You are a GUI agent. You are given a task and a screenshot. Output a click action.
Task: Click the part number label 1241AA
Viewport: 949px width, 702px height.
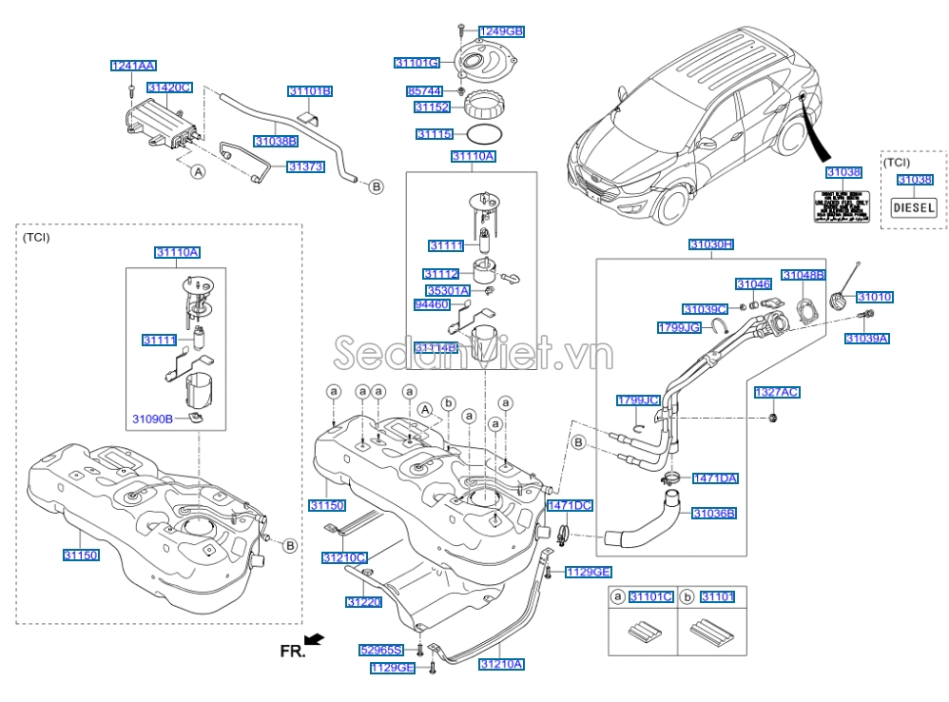click(133, 66)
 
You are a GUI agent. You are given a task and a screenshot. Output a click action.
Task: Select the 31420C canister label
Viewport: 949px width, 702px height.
click(168, 88)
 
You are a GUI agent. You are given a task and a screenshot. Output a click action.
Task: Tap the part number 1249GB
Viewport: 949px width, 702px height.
click(500, 31)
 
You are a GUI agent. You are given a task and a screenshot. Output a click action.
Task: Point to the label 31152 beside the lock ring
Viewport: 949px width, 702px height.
click(428, 108)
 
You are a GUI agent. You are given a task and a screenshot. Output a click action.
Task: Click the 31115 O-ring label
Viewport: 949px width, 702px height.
click(434, 135)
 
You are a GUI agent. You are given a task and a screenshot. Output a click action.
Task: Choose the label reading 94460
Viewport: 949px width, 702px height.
click(432, 305)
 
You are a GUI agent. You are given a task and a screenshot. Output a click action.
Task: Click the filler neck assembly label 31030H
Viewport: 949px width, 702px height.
click(711, 244)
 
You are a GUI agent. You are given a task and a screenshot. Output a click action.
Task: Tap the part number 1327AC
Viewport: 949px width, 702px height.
click(776, 392)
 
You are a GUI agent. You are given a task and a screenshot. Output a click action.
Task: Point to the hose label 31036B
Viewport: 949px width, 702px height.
click(713, 514)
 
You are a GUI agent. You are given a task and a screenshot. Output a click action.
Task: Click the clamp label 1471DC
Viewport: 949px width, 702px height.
click(570, 506)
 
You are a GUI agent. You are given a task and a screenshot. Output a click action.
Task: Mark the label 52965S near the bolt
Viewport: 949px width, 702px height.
click(381, 651)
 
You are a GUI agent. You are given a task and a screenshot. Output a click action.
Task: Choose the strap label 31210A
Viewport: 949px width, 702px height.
click(501, 664)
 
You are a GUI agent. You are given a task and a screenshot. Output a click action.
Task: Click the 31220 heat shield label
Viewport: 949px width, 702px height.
click(363, 602)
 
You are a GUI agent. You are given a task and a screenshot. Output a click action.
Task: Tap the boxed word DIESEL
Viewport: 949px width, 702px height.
click(913, 207)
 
